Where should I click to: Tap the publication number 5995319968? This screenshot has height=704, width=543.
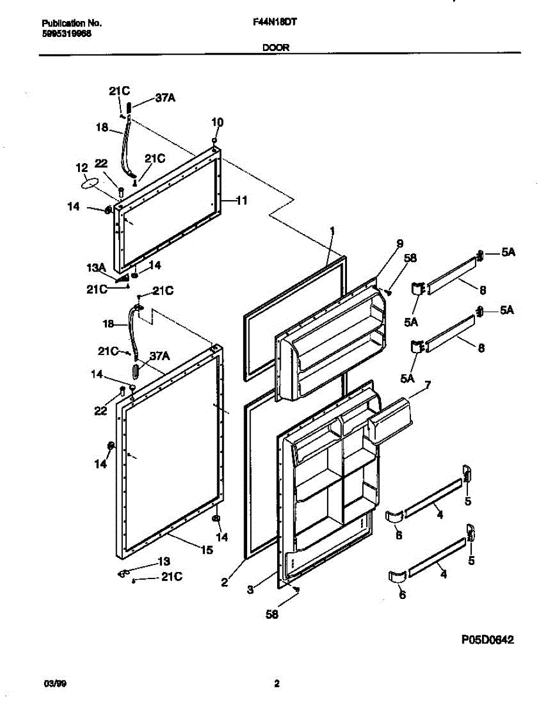pyautogui.click(x=66, y=33)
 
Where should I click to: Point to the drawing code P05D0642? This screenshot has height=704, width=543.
pyautogui.click(x=487, y=641)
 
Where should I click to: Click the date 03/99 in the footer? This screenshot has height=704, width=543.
pyautogui.click(x=52, y=683)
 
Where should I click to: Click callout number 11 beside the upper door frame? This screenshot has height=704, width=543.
pyautogui.click(x=241, y=200)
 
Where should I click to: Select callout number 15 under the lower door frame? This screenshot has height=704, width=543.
pyautogui.click(x=207, y=550)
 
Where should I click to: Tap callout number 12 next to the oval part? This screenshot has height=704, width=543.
pyautogui.click(x=81, y=168)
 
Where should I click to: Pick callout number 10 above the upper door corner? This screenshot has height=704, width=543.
pyautogui.click(x=217, y=123)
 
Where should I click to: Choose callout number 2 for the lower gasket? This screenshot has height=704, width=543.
pyautogui.click(x=224, y=583)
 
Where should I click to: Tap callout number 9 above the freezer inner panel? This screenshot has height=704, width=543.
pyautogui.click(x=400, y=243)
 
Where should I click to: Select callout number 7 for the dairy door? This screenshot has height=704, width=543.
pyautogui.click(x=428, y=385)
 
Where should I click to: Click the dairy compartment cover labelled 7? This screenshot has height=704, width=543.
pyautogui.click(x=390, y=418)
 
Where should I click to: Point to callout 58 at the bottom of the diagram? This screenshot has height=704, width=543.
pyautogui.click(x=272, y=614)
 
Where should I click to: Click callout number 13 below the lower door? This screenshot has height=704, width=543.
pyautogui.click(x=165, y=562)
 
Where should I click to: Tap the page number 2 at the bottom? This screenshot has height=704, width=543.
pyautogui.click(x=276, y=683)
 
